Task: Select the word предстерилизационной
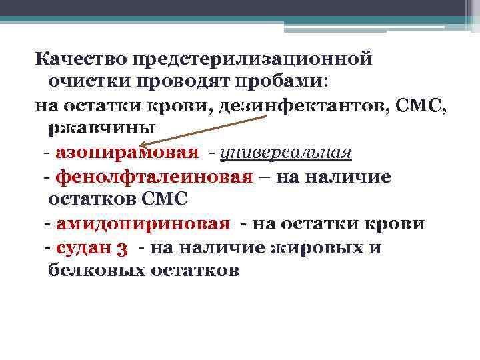click(x=253, y=59)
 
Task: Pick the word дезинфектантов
click(x=303, y=105)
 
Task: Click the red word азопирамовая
click(x=127, y=153)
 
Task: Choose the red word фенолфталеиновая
click(x=154, y=177)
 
